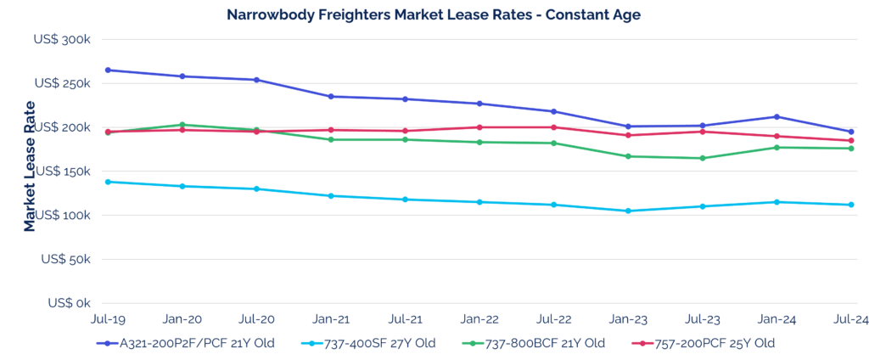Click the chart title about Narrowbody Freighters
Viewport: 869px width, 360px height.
[x=434, y=14]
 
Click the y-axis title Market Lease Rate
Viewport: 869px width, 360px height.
[x=31, y=166]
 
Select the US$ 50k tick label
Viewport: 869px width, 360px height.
[x=68, y=258]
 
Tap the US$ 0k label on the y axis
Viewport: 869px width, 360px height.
[x=71, y=302]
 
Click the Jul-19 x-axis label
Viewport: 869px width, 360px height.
[x=108, y=319]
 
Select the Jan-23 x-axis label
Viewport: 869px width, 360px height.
[x=628, y=319]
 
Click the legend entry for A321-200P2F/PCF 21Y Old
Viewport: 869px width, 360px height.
[x=180, y=343]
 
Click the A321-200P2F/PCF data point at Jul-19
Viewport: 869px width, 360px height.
[x=108, y=70]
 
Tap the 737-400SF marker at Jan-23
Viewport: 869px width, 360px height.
[x=628, y=211]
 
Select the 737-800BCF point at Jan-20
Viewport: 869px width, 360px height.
[x=182, y=125]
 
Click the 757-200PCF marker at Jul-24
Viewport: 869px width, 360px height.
[x=851, y=141]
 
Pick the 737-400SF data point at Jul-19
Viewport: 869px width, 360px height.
[x=108, y=182]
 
